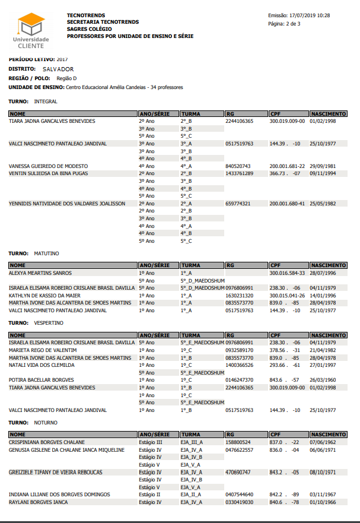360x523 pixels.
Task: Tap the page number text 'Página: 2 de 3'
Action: click(x=285, y=24)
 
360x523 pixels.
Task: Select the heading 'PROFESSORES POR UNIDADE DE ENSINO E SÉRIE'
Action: click(x=130, y=36)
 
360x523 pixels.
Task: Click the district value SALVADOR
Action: click(x=58, y=69)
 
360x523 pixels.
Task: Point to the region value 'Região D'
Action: click(x=66, y=78)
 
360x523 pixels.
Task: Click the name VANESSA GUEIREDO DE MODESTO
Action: click(x=48, y=166)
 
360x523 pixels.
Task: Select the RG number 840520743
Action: click(x=238, y=166)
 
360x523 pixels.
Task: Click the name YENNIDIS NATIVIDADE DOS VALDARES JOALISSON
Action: click(x=67, y=203)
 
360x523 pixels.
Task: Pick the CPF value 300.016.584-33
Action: click(x=287, y=273)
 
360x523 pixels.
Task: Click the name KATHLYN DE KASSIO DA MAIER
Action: click(x=44, y=295)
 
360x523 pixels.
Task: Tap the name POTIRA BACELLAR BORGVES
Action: click(x=42, y=380)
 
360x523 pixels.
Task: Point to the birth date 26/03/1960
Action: click(x=323, y=380)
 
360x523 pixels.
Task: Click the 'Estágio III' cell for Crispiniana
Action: click(x=150, y=442)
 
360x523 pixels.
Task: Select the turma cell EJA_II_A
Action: click(x=192, y=495)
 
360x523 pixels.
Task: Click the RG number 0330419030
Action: click(x=240, y=502)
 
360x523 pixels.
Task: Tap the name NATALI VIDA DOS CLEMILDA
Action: click(x=42, y=365)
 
